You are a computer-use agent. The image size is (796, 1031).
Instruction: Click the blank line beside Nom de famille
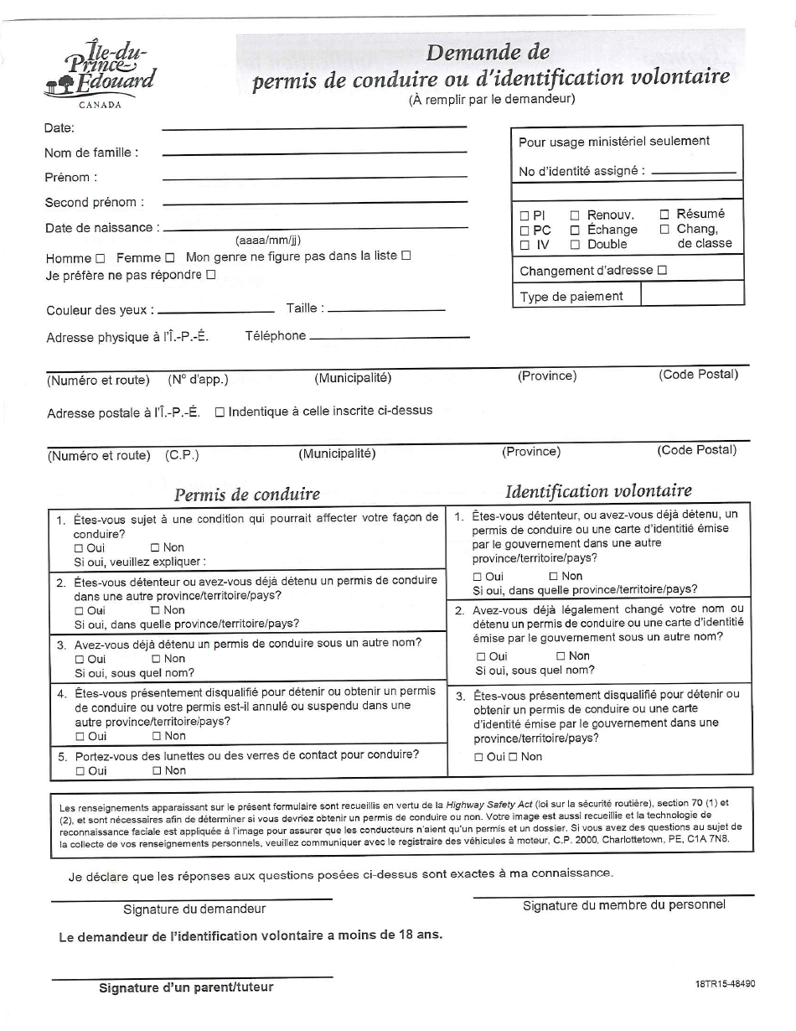click(314, 152)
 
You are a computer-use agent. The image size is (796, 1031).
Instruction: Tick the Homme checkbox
click(101, 258)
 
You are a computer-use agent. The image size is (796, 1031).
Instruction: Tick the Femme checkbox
click(169, 258)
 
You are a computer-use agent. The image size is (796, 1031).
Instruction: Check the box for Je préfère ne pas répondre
click(210, 274)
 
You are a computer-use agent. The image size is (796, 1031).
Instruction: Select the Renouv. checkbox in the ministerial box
click(575, 215)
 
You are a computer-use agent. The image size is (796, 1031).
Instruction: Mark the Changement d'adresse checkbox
click(662, 270)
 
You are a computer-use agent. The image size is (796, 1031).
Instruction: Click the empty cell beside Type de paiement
click(692, 294)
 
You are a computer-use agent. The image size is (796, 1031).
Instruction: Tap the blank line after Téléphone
click(390, 337)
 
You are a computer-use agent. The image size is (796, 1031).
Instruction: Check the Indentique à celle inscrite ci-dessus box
click(220, 412)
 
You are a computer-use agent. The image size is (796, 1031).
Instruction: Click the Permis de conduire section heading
click(247, 494)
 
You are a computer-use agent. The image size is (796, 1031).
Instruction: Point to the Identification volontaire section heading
click(598, 490)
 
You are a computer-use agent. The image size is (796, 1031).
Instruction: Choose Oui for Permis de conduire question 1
click(80, 548)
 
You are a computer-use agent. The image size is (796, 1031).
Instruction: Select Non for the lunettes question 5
click(157, 771)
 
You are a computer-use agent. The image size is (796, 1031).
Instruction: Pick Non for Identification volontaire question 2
click(561, 656)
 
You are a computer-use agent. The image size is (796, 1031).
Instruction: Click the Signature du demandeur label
click(194, 909)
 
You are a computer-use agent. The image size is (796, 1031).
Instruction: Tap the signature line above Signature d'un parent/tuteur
click(192, 977)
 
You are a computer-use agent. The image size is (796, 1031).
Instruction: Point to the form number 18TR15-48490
click(725, 984)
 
